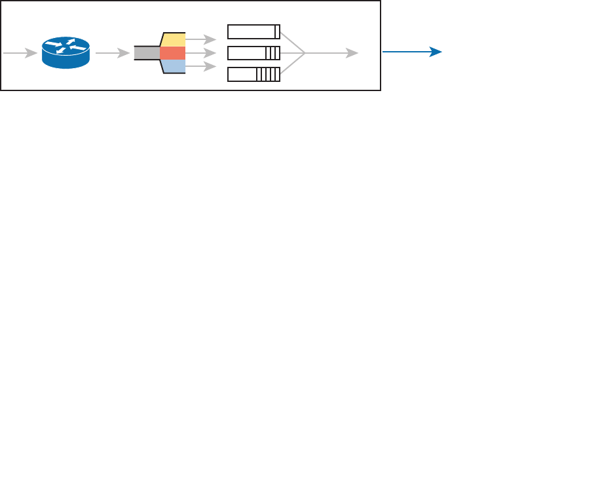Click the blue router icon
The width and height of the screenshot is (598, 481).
pyautogui.click(x=66, y=53)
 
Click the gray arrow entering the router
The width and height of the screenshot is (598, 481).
pyautogui.click(x=20, y=53)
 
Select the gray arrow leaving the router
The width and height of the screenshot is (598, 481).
pyautogui.click(x=112, y=53)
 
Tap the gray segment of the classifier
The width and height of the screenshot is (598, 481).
pyautogui.click(x=147, y=53)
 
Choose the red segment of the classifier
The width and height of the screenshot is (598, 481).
pyautogui.click(x=173, y=53)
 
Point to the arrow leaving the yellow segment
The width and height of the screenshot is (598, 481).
pyautogui.click(x=200, y=39)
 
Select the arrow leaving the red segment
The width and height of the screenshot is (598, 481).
pyautogui.click(x=200, y=53)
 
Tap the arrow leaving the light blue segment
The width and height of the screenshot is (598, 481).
pyautogui.click(x=200, y=66)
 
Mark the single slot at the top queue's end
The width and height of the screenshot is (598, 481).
pyautogui.click(x=278, y=32)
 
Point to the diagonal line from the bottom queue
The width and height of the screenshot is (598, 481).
pyautogui.click(x=293, y=64)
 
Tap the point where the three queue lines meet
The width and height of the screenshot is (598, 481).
pyautogui.click(x=305, y=53)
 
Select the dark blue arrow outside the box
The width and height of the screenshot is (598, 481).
pyautogui.click(x=413, y=52)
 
